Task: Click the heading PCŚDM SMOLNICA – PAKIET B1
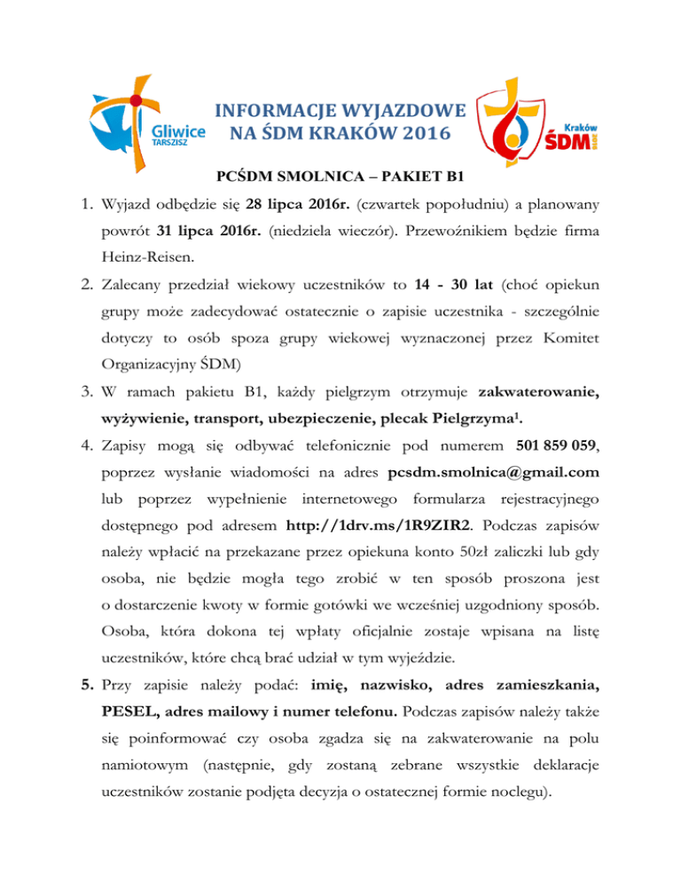[340, 176]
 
